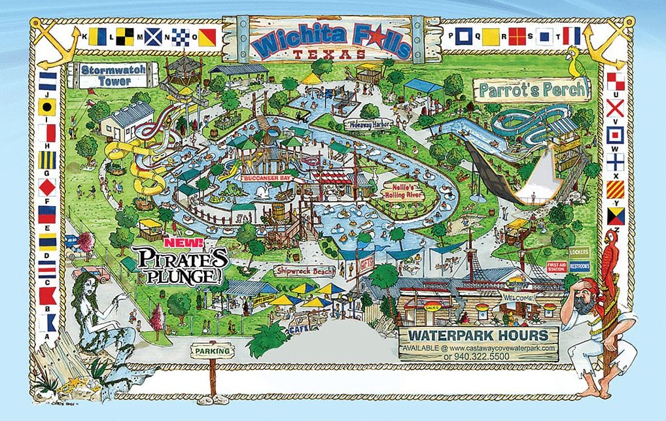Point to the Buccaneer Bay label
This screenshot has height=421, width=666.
[x=268, y=177]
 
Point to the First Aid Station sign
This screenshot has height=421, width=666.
[x=556, y=267]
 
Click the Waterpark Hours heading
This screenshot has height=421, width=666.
[x=479, y=337]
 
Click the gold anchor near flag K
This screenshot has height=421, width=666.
[x=50, y=41]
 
